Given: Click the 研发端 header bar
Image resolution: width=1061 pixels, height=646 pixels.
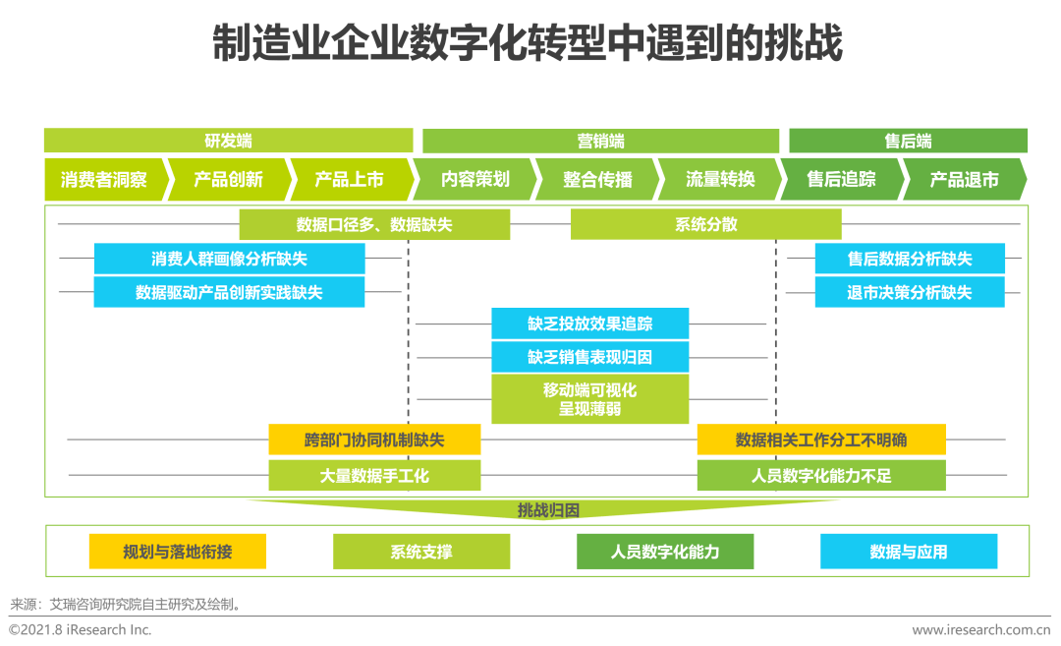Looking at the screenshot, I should (228, 141).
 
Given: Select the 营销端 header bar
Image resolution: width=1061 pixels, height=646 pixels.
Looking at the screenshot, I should (600, 141).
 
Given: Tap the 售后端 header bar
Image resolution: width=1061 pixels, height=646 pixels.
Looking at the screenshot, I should (908, 141).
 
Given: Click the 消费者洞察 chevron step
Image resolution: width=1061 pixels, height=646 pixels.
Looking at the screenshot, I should (103, 180).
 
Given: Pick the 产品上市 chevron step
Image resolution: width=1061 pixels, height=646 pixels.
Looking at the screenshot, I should (349, 180).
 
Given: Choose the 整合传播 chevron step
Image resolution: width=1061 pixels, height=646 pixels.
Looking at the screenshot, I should (597, 180).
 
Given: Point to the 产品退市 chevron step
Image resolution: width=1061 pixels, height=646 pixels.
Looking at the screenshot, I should (964, 180).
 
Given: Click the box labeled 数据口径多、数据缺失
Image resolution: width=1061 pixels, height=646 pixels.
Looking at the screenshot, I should (374, 224).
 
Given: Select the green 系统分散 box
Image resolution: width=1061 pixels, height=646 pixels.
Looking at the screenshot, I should (705, 224).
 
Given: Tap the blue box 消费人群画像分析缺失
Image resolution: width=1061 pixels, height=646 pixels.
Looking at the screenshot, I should (229, 259).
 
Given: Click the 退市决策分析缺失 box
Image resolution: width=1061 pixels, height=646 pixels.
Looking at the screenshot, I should (910, 292).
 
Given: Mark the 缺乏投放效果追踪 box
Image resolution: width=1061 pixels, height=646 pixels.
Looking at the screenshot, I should (589, 323).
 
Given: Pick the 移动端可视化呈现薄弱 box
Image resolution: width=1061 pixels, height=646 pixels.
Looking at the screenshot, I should (589, 399).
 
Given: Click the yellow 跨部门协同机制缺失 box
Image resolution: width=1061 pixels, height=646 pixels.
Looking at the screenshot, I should (374, 440).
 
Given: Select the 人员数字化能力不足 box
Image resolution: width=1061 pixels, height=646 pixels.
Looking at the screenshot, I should (821, 476).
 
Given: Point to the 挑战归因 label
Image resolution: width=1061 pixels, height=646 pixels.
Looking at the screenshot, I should (548, 510).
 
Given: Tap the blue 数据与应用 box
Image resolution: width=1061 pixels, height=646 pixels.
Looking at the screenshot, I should (909, 552).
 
